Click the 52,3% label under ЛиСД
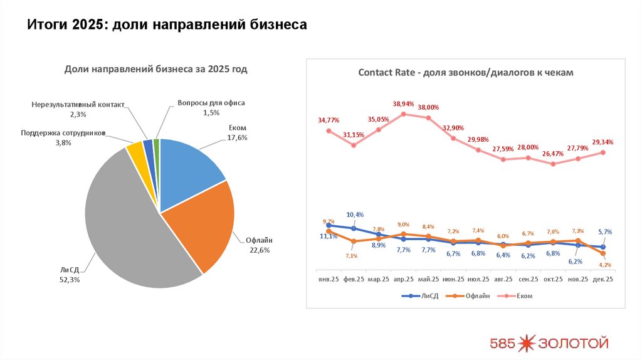(x=69, y=280)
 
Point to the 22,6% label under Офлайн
(x=258, y=250)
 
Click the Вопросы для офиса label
(x=211, y=103)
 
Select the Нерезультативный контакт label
(x=78, y=105)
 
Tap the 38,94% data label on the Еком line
(x=403, y=103)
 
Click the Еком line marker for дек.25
(x=603, y=152)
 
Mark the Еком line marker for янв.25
(x=328, y=130)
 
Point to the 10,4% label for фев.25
(x=355, y=214)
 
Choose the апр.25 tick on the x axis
(x=403, y=279)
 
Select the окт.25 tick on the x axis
(x=553, y=279)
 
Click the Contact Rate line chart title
(x=465, y=73)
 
